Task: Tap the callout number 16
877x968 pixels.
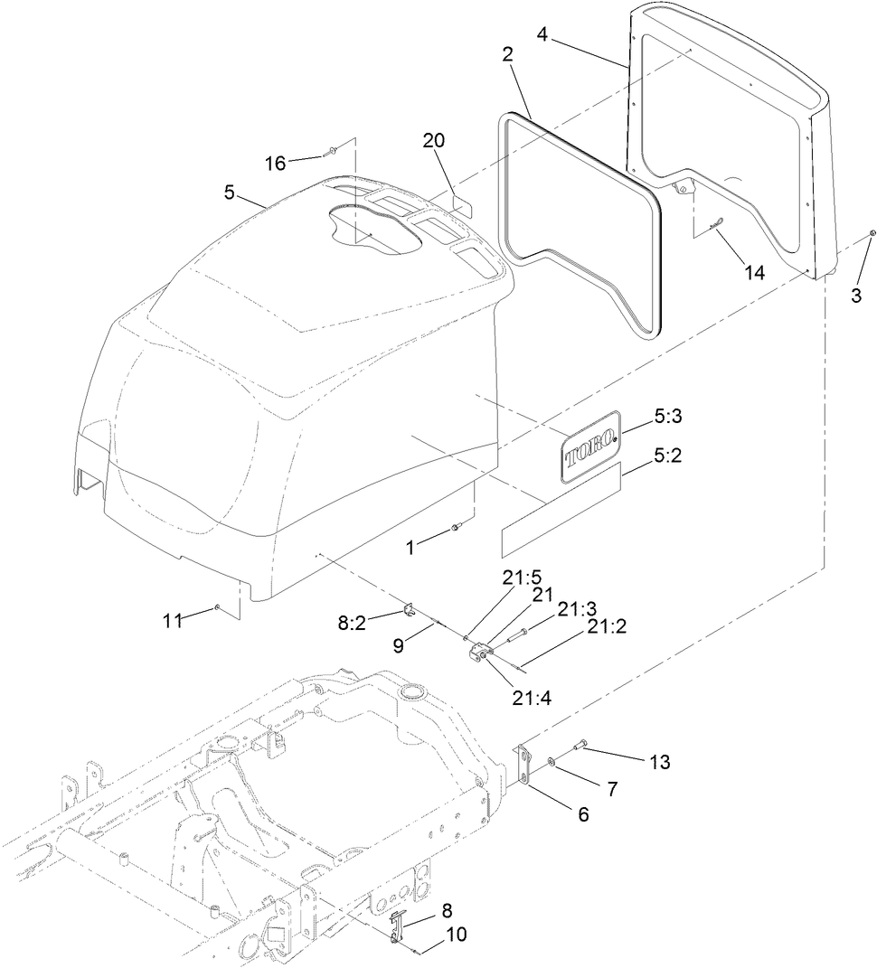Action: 275,163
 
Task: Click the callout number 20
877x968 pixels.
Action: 434,141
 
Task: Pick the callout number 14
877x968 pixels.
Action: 753,272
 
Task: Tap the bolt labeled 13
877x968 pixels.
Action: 580,747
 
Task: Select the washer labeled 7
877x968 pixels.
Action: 553,763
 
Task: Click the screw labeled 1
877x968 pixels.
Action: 456,527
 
